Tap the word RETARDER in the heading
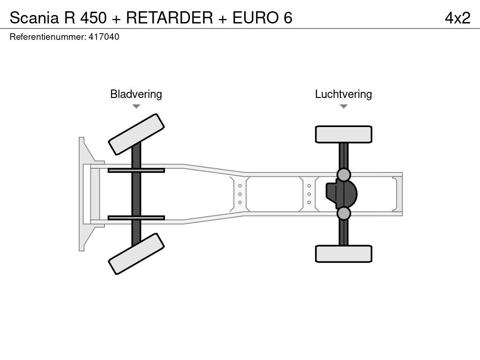(169, 17)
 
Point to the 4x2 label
(457, 17)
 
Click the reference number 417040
(104, 37)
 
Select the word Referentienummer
(47, 37)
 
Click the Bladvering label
(136, 94)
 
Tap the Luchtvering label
(343, 94)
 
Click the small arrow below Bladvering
(136, 106)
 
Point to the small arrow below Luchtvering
(343, 106)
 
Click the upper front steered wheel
(136, 134)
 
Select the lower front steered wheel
(136, 254)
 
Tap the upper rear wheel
(344, 134)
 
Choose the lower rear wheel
(344, 254)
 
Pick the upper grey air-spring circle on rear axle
(344, 175)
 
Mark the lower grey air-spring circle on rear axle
(344, 214)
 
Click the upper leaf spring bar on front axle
(136, 170)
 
